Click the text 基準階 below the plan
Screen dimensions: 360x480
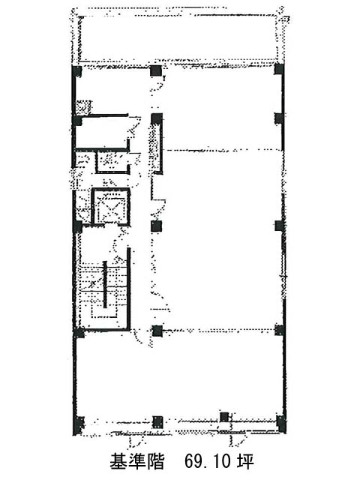coord(137,461)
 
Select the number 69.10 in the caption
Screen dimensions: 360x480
coord(208,462)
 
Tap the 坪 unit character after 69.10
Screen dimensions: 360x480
coord(245,462)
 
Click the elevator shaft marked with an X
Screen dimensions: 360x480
coord(111,207)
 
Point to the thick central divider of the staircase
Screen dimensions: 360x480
coord(105,284)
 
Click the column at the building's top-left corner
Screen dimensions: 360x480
coord(76,72)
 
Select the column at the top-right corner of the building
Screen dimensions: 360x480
coord(279,69)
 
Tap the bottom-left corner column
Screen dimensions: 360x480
coord(78,424)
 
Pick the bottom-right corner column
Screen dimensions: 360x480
coord(281,423)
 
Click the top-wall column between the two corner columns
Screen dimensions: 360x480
coord(156,71)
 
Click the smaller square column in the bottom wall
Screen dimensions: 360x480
coord(224,417)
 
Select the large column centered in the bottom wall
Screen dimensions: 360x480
coord(157,421)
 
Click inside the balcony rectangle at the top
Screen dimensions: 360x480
coord(178,38)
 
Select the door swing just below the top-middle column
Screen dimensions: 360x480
coord(158,83)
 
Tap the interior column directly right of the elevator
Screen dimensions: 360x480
coord(156,226)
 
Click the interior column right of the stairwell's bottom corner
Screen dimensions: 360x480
coord(157,331)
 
